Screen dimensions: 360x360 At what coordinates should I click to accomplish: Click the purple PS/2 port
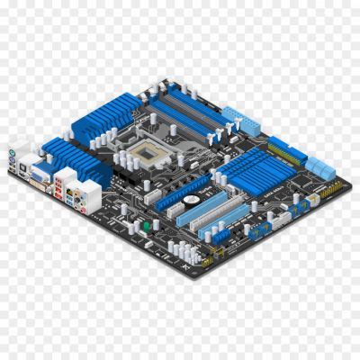[18, 153]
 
